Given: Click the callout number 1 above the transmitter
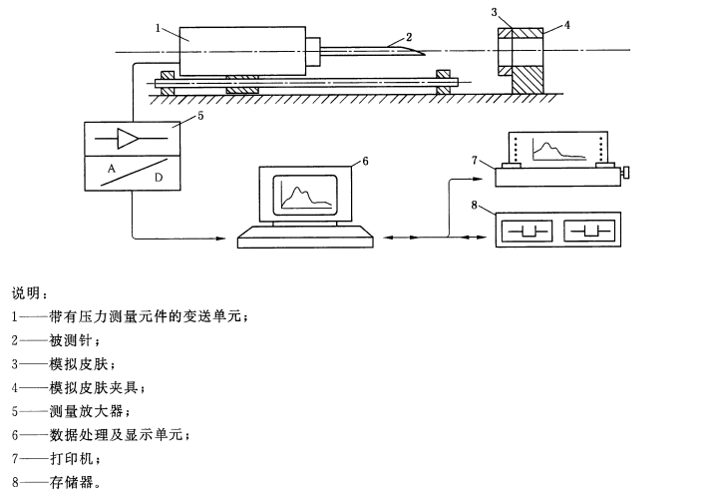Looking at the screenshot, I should click(x=159, y=29).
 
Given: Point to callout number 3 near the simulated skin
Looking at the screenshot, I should click(x=494, y=12).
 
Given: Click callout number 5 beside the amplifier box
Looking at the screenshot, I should click(x=200, y=115).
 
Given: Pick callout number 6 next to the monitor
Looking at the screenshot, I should click(x=365, y=159).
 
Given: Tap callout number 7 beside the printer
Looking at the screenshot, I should click(x=476, y=161).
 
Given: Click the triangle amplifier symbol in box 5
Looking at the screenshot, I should click(x=127, y=138).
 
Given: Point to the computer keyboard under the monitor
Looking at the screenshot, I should click(x=305, y=238).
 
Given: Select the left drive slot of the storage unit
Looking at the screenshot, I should click(x=527, y=232).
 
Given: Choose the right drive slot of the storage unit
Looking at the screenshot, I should click(x=589, y=232).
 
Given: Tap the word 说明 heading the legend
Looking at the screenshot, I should click(x=27, y=292).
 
